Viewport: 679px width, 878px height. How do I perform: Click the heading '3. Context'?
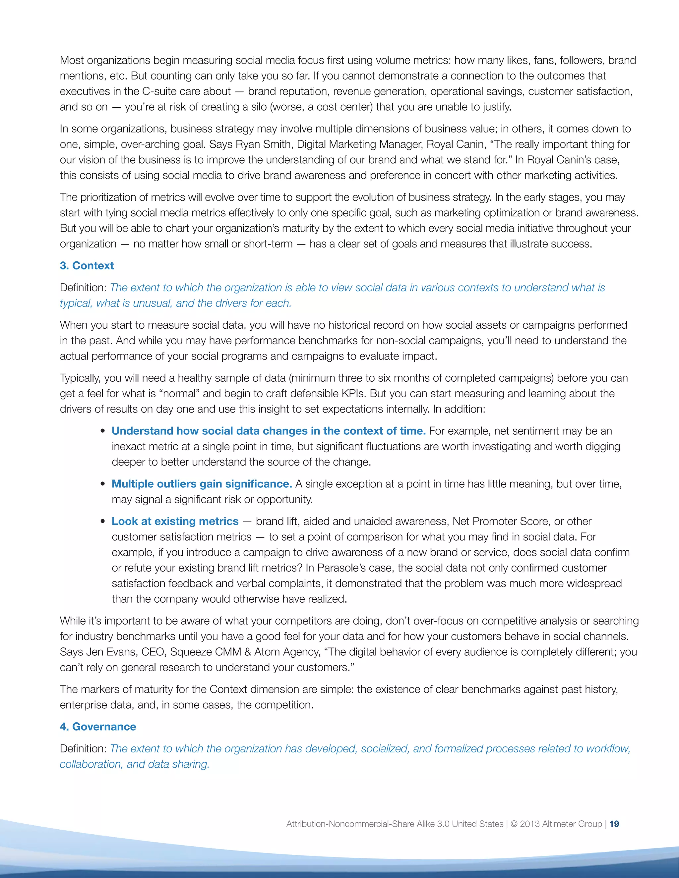point(87,266)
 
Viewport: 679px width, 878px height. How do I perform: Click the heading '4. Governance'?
point(98,727)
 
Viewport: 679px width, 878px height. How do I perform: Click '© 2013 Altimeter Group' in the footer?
point(556,824)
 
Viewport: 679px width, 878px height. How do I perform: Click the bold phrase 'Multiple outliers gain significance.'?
point(202,484)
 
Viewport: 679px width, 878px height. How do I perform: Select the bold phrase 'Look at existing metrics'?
point(175,521)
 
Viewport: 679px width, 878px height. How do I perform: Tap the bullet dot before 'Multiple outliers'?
point(103,484)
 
